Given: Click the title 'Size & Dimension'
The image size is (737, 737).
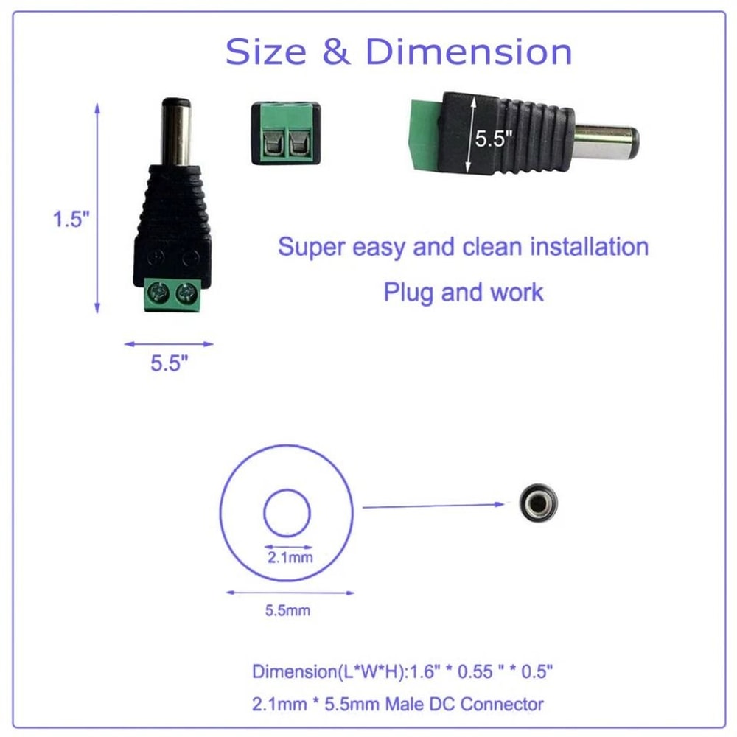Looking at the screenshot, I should (399, 52).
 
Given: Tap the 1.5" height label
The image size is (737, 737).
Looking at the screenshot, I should (71, 220).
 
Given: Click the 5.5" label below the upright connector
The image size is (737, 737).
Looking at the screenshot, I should (170, 363).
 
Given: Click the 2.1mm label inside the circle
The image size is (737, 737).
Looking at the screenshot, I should (290, 558).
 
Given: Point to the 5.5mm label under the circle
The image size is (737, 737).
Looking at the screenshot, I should (287, 610).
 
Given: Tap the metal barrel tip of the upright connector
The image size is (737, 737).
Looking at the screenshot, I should (176, 132).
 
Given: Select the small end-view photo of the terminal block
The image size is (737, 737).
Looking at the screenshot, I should (285, 133).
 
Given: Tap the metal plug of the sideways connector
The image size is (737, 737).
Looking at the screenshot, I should (606, 141).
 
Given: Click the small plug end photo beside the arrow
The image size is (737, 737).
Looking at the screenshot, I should (537, 503).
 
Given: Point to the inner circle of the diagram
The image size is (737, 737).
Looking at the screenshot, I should (287, 512).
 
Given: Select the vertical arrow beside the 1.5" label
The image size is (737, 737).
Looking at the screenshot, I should (97, 209).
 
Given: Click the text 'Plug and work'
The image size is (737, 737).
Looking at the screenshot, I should (463, 292).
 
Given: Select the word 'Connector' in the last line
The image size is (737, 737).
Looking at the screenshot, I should (502, 704).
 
